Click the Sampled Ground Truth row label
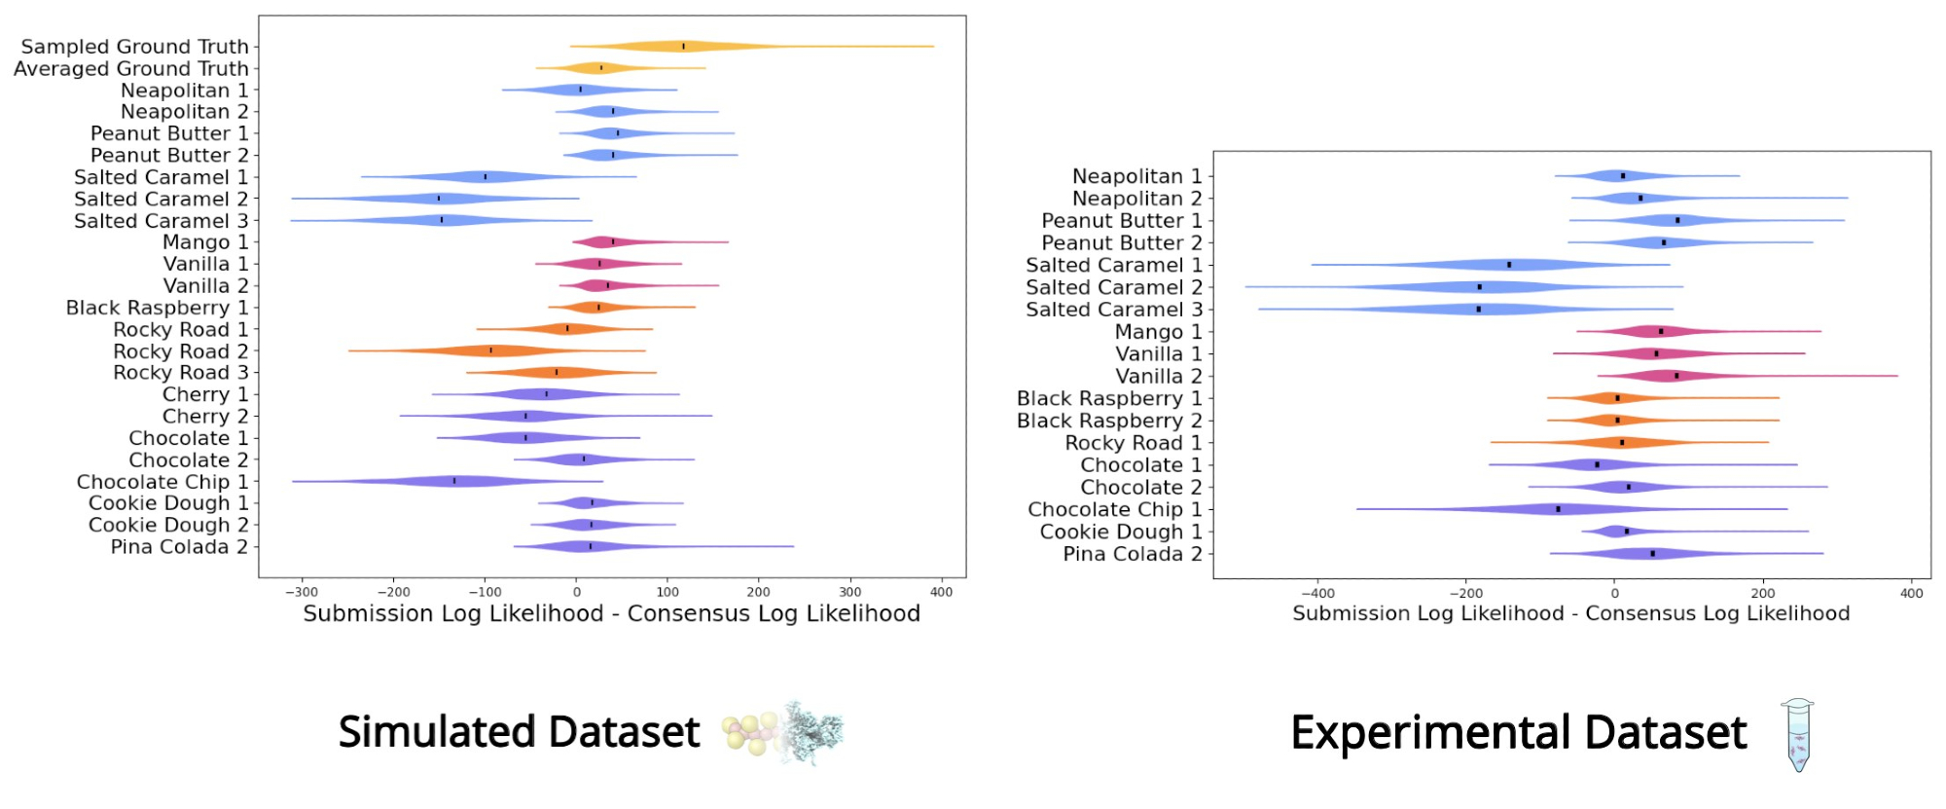(134, 47)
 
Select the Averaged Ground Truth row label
(130, 69)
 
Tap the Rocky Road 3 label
(180, 373)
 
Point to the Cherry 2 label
(205, 417)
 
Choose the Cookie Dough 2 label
(168, 526)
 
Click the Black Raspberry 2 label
(1109, 421)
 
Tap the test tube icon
(1798, 735)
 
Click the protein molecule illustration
(811, 733)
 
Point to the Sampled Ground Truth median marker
(683, 46)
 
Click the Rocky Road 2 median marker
(490, 350)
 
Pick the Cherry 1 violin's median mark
(547, 394)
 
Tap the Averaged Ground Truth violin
(600, 68)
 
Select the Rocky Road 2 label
(180, 351)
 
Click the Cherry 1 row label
(205, 395)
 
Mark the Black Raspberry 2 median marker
(1617, 421)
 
